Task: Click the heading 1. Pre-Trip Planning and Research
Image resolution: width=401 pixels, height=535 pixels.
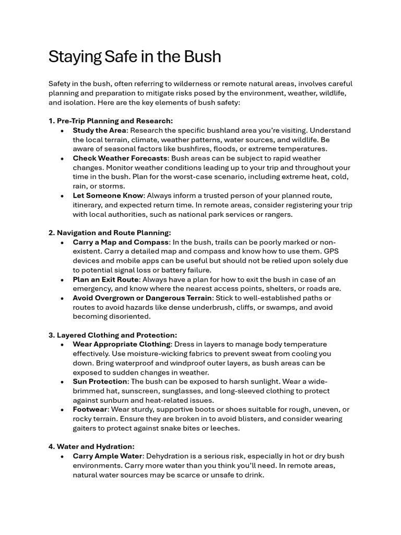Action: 111,121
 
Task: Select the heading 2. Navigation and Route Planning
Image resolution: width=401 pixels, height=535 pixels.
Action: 110,232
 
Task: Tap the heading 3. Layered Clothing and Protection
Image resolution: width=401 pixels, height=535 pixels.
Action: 113,335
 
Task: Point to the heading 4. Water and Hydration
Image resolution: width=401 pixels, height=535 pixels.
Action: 91,447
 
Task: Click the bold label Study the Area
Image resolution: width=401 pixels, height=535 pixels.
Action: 99,130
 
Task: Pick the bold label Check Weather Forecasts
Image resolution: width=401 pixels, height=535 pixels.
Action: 120,158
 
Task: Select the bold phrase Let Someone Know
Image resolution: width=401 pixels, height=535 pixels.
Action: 108,195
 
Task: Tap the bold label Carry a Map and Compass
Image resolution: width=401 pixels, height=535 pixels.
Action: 121,242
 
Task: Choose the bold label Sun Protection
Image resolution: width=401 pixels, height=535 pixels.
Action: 100,381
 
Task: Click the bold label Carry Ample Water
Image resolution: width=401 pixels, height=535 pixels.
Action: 107,456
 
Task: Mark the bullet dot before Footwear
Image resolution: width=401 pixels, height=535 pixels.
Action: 62,410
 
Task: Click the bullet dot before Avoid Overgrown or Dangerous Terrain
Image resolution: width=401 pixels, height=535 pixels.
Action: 62,298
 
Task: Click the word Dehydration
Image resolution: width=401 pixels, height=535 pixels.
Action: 171,456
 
